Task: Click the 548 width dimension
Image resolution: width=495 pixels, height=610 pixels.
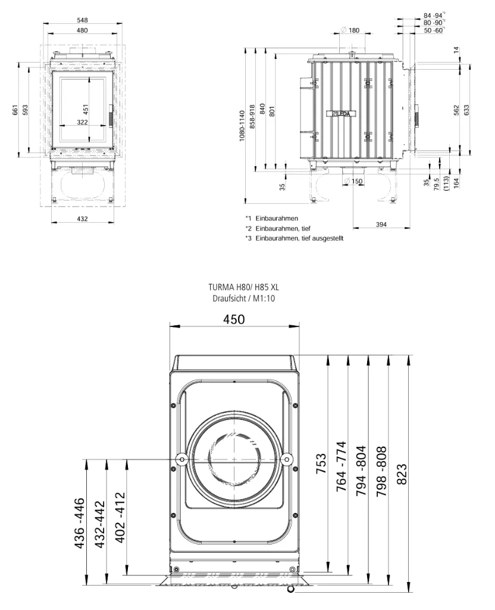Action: (x=82, y=20)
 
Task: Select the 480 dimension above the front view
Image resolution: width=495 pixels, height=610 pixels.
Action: (x=82, y=30)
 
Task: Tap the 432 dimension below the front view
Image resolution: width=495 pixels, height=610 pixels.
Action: (x=82, y=219)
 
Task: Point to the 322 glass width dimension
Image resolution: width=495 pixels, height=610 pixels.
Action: (x=82, y=122)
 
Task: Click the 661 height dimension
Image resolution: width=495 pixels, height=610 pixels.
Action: (x=15, y=110)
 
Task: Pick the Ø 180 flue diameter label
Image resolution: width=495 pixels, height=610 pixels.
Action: (x=350, y=30)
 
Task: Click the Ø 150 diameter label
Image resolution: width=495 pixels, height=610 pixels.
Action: (x=353, y=181)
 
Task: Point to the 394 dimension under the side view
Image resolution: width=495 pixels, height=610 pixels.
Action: (x=381, y=225)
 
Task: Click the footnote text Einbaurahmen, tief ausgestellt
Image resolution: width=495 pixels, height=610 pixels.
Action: (x=299, y=238)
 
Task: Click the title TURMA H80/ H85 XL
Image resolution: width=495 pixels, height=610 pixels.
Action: (x=243, y=288)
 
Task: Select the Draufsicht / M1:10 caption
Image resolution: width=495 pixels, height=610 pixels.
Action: (x=243, y=298)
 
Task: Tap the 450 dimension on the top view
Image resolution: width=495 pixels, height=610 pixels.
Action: (x=234, y=319)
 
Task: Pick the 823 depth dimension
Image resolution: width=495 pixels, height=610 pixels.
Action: (x=402, y=474)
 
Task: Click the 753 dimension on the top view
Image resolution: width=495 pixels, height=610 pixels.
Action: (x=321, y=463)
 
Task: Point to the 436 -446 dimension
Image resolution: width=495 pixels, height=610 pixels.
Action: (x=79, y=523)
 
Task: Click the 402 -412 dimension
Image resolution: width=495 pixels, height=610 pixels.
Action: (x=120, y=518)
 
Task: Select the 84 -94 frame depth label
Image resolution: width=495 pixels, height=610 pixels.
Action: (x=433, y=15)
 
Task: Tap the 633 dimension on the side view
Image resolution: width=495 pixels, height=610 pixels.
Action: (x=466, y=110)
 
